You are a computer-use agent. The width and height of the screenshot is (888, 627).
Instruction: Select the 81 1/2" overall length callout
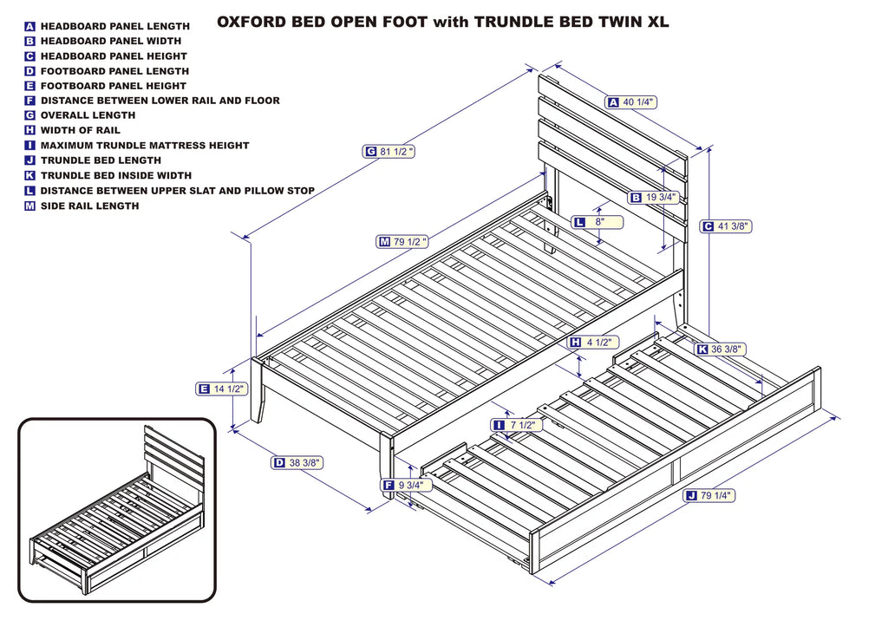(x=388, y=152)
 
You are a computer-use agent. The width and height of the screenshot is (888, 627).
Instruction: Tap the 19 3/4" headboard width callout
(x=654, y=198)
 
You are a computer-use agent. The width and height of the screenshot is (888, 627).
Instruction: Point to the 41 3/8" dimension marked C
(x=726, y=226)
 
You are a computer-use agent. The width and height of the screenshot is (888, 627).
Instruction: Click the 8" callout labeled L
(x=597, y=222)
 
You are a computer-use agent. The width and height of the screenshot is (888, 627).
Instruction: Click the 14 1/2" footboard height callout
(x=222, y=389)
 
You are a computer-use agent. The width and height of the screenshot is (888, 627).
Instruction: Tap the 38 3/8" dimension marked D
(x=297, y=463)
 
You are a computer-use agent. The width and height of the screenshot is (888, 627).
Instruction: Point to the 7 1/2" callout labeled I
(x=517, y=425)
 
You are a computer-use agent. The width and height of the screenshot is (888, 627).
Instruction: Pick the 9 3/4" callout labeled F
(x=407, y=486)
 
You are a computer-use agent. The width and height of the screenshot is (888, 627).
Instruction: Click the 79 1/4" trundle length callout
(x=708, y=496)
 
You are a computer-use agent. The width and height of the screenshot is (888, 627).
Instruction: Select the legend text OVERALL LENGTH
(x=88, y=115)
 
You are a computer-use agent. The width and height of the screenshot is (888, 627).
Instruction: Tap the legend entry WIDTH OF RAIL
(x=80, y=130)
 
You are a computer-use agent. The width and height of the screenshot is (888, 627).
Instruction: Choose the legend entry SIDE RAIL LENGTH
(x=89, y=206)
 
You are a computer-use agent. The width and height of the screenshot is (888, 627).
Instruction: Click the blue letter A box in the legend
(x=30, y=27)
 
